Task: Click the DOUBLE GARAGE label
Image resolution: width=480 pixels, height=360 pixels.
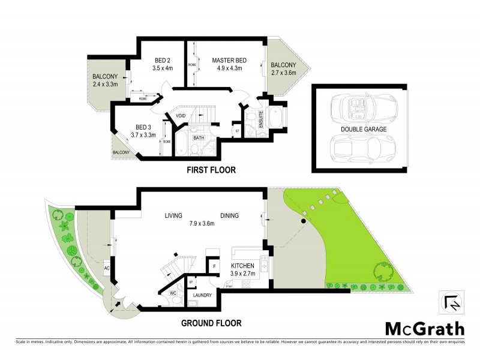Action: tap(364, 129)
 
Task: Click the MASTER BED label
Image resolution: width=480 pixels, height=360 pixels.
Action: tap(229, 60)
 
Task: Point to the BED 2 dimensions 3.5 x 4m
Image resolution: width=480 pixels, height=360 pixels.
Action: tap(163, 68)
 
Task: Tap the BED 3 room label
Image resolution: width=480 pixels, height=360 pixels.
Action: tap(143, 127)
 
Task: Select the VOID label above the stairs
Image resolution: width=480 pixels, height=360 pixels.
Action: tap(181, 116)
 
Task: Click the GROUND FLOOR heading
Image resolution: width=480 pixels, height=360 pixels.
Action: tap(211, 323)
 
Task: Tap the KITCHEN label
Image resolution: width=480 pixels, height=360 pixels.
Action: tap(243, 265)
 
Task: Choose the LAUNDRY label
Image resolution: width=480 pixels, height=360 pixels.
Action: tap(202, 295)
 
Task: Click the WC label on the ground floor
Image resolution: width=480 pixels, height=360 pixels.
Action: tap(172, 293)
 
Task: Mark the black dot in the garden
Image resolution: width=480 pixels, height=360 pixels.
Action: tap(304, 221)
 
